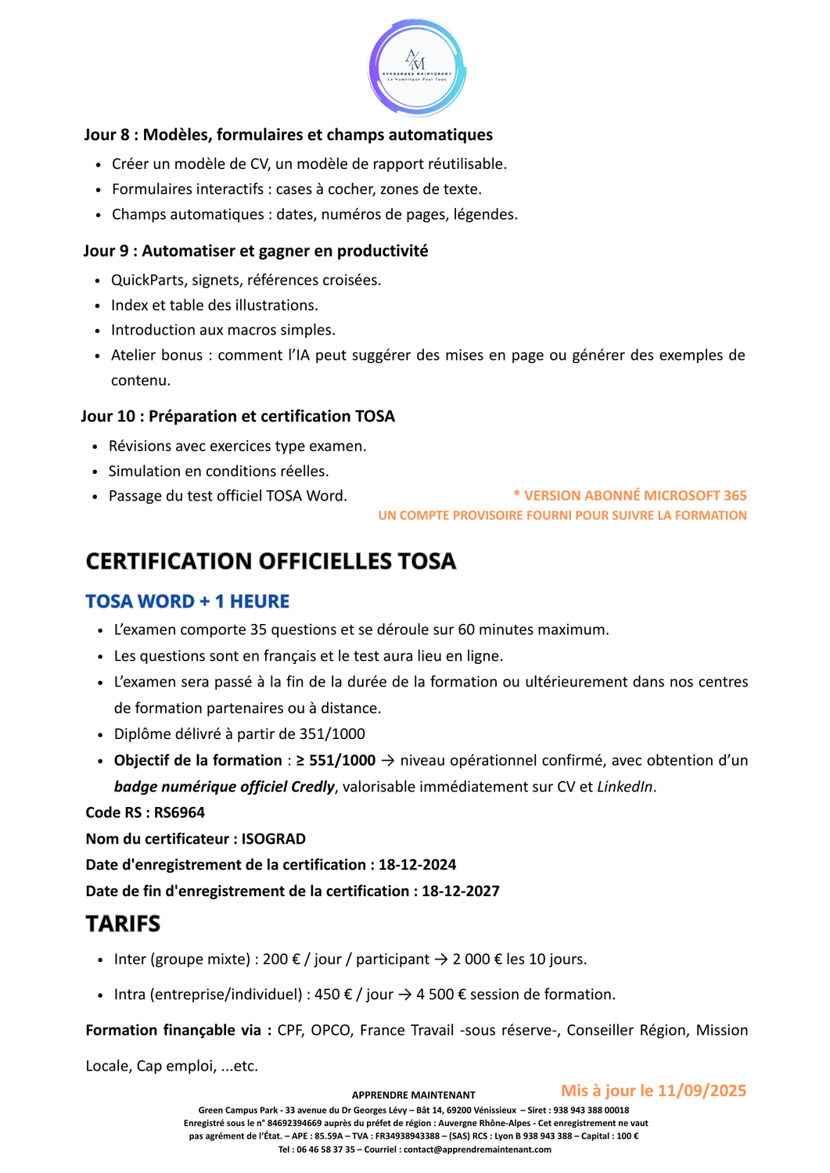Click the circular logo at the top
[x=417, y=67]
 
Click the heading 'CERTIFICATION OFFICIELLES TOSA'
[x=271, y=561]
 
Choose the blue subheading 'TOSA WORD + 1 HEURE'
[x=187, y=601]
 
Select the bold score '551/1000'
[x=342, y=760]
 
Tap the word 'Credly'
[x=312, y=787]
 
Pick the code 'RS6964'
[x=179, y=812]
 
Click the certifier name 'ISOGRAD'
[x=273, y=839]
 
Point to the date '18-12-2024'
[x=417, y=865]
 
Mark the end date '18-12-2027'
[x=460, y=891]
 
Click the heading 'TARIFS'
[x=123, y=924]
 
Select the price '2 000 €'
[x=477, y=960]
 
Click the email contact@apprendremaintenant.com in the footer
[x=477, y=1150]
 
